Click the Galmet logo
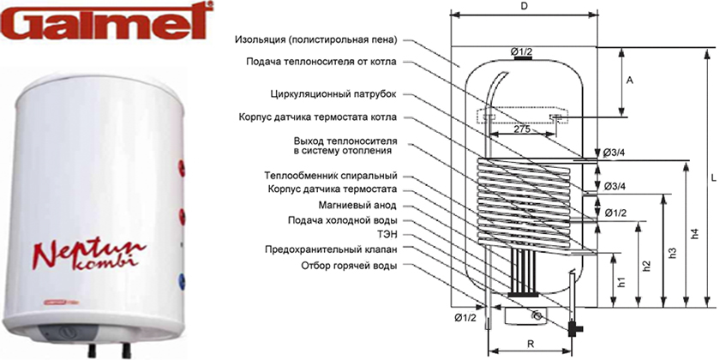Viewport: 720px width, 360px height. (107, 21)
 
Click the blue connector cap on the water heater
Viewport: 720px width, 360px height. (182, 280)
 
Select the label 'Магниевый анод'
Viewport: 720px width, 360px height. (357, 205)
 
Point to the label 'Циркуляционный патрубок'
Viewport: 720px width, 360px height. (333, 94)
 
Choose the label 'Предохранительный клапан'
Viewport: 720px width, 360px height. (331, 249)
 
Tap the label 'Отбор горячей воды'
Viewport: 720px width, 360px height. (349, 266)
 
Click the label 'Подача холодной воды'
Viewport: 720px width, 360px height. (342, 220)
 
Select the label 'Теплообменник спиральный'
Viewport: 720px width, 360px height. (331, 176)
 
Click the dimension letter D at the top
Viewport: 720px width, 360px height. (524, 7)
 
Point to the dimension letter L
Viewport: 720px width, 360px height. (713, 177)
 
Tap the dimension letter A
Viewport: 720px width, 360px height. (630, 81)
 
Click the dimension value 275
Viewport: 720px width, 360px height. (523, 129)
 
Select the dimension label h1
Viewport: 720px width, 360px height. (621, 281)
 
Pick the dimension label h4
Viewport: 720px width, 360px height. (695, 234)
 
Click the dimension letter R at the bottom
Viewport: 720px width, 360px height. (531, 343)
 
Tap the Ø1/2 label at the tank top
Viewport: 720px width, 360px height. (521, 52)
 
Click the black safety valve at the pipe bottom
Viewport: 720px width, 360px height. (574, 327)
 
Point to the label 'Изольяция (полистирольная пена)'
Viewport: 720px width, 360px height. (316, 39)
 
